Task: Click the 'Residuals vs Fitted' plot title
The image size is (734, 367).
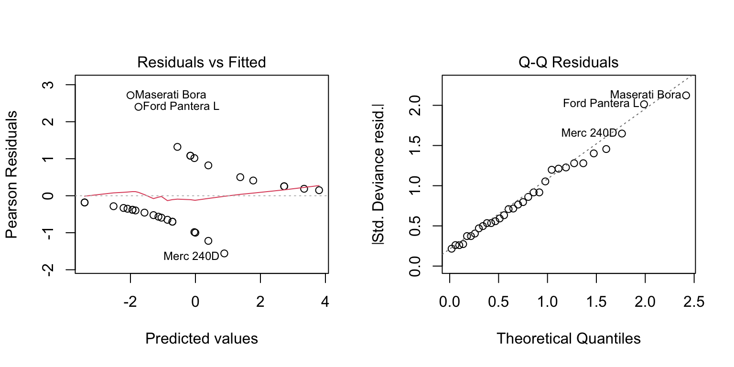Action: click(x=201, y=63)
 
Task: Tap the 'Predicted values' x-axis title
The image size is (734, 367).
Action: click(x=201, y=339)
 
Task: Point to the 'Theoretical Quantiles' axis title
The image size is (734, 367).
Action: click(x=568, y=339)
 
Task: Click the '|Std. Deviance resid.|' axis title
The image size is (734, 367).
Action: click(x=381, y=174)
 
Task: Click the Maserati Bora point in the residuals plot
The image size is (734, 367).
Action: click(x=130, y=95)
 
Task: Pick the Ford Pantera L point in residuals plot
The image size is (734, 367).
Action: click(x=139, y=107)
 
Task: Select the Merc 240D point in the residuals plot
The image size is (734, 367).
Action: click(x=224, y=253)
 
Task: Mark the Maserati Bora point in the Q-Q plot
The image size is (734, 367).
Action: click(x=686, y=95)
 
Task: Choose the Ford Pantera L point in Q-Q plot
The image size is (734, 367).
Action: click(x=644, y=104)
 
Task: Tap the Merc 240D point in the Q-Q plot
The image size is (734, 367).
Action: click(x=622, y=133)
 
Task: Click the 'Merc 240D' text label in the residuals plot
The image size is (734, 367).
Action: click(x=191, y=256)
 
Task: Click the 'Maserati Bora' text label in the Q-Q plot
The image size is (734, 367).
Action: click(x=645, y=95)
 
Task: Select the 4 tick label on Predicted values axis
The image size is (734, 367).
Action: click(x=325, y=302)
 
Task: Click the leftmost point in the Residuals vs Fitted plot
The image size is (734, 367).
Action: click(x=85, y=203)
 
